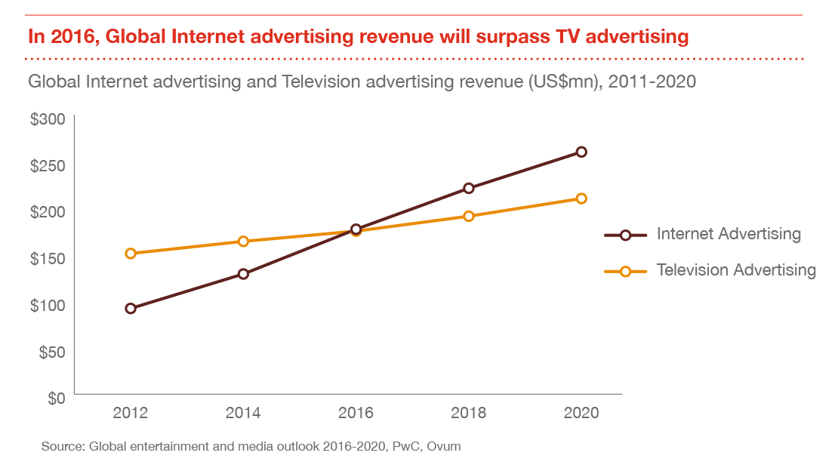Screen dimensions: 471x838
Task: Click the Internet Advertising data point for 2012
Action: click(131, 308)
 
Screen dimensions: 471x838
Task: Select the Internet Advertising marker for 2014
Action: click(243, 273)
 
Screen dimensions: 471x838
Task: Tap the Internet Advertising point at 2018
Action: click(469, 188)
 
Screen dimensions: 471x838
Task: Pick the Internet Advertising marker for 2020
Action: click(581, 152)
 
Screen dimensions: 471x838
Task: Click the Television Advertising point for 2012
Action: click(131, 254)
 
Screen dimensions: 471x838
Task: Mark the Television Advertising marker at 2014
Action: click(243, 242)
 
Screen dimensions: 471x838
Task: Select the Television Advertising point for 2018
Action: click(469, 216)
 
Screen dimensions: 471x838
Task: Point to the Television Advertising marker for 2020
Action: click(581, 199)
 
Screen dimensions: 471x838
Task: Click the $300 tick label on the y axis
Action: click(48, 119)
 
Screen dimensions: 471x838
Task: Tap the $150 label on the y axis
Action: click(48, 259)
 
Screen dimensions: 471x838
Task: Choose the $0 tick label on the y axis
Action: click(56, 398)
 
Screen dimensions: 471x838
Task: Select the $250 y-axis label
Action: click(48, 166)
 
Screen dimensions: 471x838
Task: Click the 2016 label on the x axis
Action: click(356, 413)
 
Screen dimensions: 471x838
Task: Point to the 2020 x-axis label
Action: click(581, 413)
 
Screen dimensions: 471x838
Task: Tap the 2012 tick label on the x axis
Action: click(131, 413)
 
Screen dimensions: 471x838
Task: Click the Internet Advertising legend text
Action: click(729, 234)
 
